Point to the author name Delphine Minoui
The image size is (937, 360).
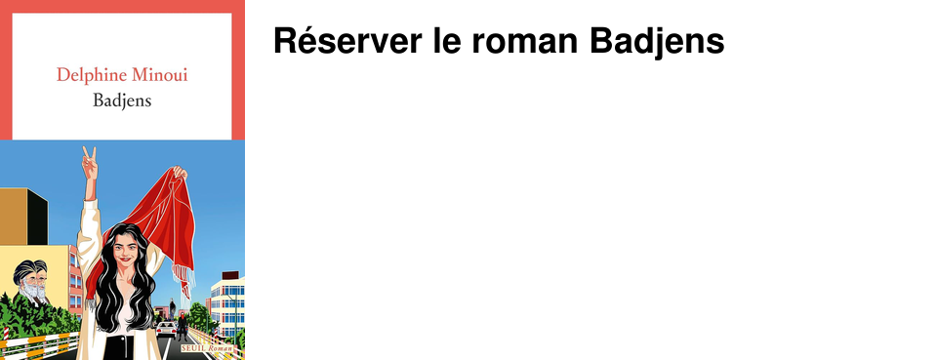point(122,76)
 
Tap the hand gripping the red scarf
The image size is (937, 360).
point(178,176)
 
